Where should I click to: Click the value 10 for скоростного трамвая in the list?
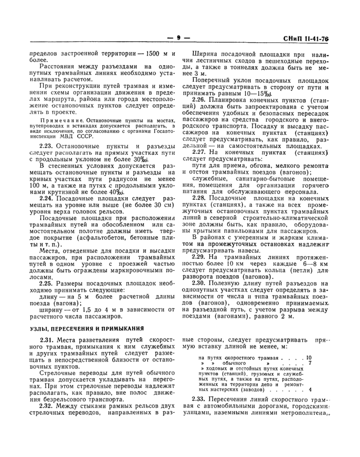pyautogui.click(x=309, y=357)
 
